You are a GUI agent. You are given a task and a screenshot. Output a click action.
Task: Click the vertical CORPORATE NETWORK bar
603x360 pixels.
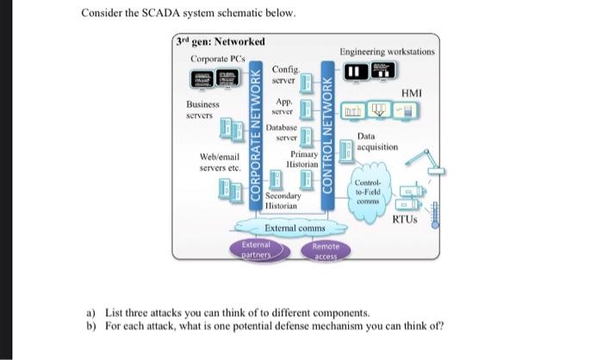256,138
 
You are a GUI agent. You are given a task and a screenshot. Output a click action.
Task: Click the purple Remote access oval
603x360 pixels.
326,250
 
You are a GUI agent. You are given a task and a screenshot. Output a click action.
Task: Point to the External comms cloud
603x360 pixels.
295,228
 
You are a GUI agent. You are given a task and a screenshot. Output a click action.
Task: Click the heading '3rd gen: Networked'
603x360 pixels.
221,42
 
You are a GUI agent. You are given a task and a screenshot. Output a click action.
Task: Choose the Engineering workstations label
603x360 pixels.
387,52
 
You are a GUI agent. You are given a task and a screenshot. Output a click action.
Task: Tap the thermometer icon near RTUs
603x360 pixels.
436,214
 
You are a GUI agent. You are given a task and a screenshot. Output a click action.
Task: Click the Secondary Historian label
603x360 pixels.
282,202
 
